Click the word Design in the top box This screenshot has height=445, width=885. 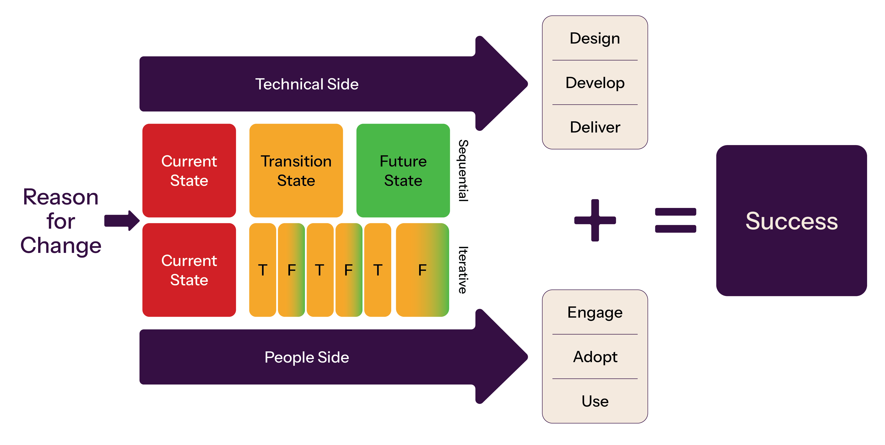pyautogui.click(x=595, y=38)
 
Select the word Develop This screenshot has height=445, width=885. pyautogui.click(x=595, y=83)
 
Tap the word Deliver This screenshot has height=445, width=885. pyautogui.click(x=595, y=127)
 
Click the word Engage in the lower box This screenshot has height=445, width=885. pyautogui.click(x=595, y=313)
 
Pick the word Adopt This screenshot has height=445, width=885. pyautogui.click(x=595, y=357)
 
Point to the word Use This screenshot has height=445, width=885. pyautogui.click(x=595, y=401)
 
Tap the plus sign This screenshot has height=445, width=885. pyautogui.click(x=595, y=220)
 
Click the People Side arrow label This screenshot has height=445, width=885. pyautogui.click(x=307, y=357)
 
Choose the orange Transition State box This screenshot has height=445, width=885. pyautogui.click(x=296, y=171)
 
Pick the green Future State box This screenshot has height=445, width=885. pyautogui.click(x=403, y=171)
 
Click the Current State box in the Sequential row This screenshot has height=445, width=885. pyautogui.click(x=189, y=171)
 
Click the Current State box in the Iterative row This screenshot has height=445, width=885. pyautogui.click(x=189, y=270)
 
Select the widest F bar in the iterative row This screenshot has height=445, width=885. pyautogui.click(x=422, y=270)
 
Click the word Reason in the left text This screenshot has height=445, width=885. pyautogui.click(x=61, y=197)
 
